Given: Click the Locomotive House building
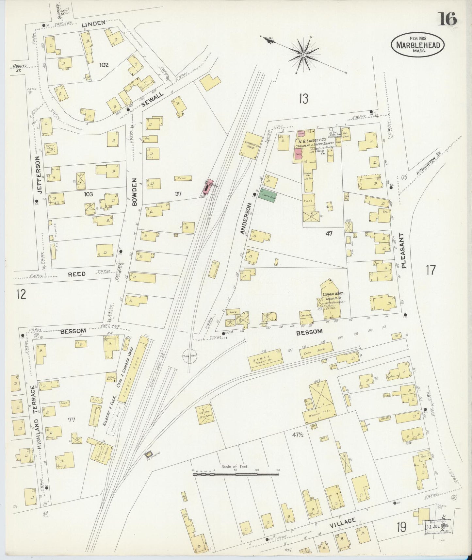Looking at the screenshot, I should (x=253, y=146).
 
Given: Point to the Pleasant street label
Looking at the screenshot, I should (x=404, y=251).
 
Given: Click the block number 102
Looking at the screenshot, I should (x=104, y=65).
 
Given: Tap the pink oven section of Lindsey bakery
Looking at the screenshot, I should (x=298, y=154).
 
